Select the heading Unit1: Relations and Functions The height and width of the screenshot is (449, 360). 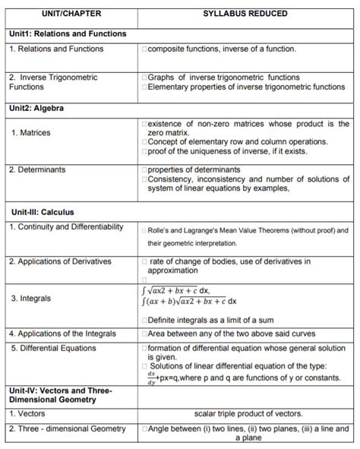(x=67, y=34)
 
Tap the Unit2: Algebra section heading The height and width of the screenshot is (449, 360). (x=37, y=109)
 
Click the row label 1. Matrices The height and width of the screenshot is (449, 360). (x=31, y=133)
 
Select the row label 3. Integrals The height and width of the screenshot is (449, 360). (x=31, y=299)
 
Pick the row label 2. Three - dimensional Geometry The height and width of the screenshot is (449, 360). (x=67, y=429)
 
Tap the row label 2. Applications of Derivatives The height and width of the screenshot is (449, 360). (x=61, y=261)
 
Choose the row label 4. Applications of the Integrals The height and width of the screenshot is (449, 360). (x=63, y=334)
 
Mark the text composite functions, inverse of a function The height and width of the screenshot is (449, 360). (x=221, y=49)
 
